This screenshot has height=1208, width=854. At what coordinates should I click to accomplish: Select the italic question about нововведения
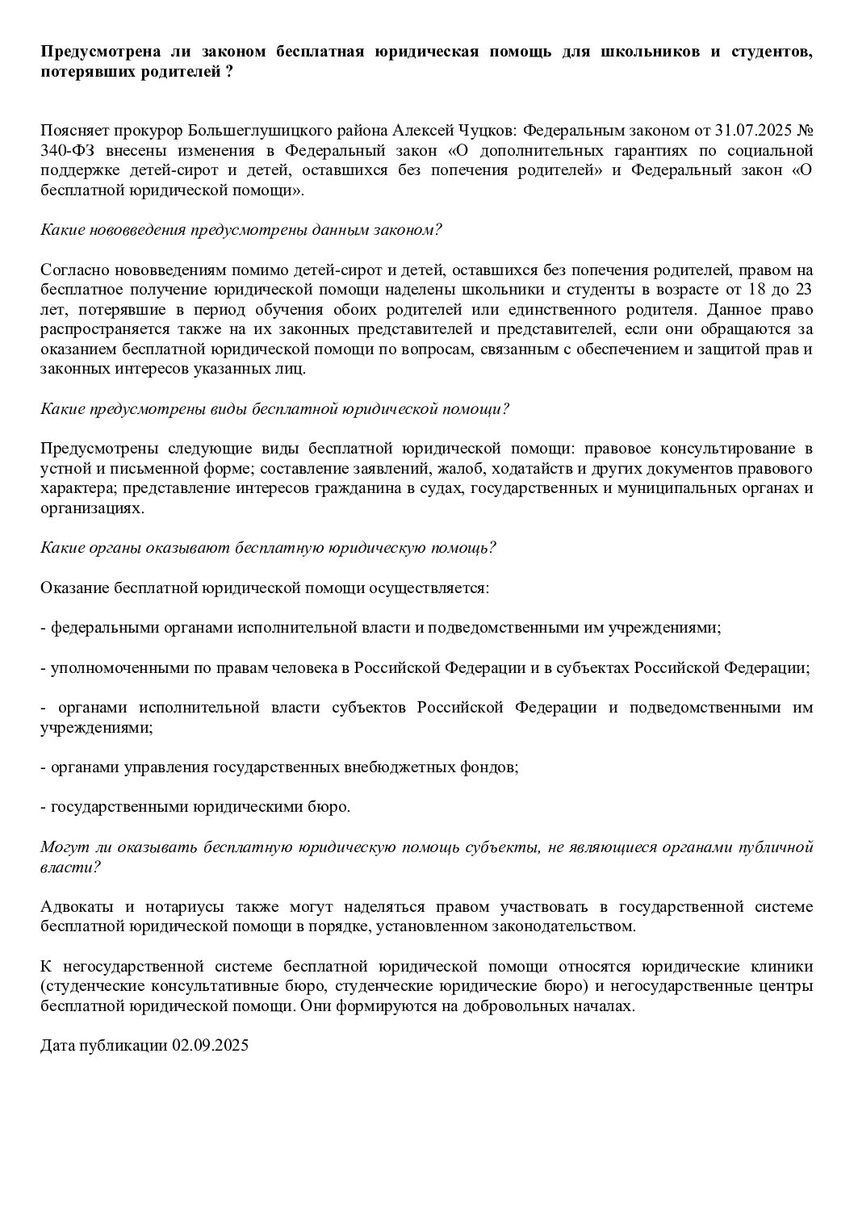coord(241,230)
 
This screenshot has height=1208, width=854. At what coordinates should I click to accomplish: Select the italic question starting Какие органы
coord(268,548)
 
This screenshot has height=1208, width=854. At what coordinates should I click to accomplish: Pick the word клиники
coord(784,966)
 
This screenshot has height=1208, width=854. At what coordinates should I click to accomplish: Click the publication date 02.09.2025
coord(210,1046)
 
